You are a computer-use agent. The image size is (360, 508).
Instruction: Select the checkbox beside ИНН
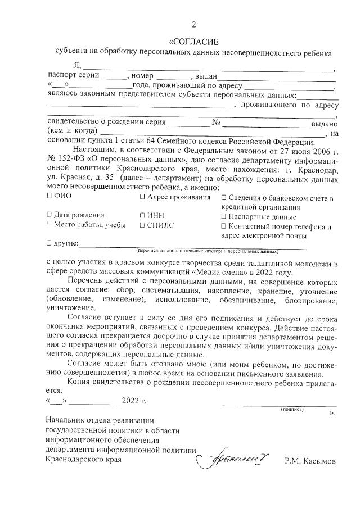[x=142, y=215]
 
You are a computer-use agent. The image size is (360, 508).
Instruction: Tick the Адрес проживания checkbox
[x=142, y=197]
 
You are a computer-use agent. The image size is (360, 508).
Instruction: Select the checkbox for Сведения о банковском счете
[x=224, y=198]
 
